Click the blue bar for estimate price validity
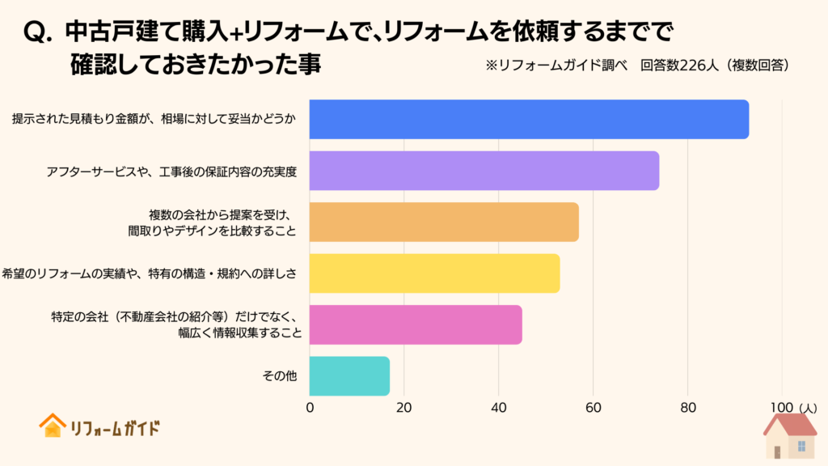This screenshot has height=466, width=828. tap(530, 119)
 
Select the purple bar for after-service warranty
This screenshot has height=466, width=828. tap(484, 171)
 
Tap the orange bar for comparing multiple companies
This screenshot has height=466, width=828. tap(445, 222)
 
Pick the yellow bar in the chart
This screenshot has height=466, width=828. tap(435, 273)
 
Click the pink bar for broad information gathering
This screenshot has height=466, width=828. tap(416, 325)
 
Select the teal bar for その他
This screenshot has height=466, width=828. tap(349, 376)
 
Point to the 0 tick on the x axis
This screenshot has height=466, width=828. tap(310, 408)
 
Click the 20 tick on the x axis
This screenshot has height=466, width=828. tap(404, 408)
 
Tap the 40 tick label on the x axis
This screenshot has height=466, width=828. tap(499, 408)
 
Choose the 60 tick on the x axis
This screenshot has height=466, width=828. tap(594, 408)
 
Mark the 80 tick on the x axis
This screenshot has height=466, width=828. tap(687, 408)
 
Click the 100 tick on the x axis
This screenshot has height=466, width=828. tap(781, 408)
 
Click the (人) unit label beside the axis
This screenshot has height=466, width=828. tap(809, 408)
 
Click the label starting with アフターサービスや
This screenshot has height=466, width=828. tap(173, 172)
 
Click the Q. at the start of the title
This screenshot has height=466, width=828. tap(40, 32)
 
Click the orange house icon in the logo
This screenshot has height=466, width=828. tap(53, 426)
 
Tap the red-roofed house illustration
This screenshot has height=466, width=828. tap(790, 437)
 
